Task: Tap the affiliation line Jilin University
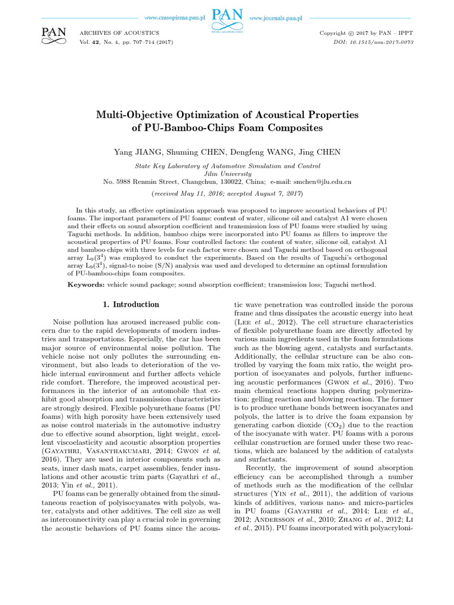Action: click(x=226, y=174)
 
